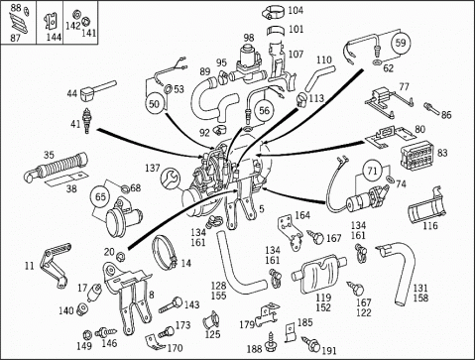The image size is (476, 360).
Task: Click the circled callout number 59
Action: (x=401, y=43)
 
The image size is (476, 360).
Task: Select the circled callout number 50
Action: (x=154, y=104)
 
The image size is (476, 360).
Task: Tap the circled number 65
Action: (x=100, y=196)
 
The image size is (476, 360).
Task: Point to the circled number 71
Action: (x=372, y=171)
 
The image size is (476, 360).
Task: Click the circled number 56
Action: (x=264, y=110)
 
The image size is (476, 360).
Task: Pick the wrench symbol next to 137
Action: (x=171, y=178)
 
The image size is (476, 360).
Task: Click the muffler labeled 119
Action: (x=318, y=275)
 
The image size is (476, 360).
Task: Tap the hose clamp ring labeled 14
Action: (x=165, y=252)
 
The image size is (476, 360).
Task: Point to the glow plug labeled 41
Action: (x=87, y=121)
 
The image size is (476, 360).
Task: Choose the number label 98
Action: (x=249, y=38)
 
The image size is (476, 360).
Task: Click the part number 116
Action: (x=430, y=226)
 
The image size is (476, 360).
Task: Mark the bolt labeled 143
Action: (x=171, y=305)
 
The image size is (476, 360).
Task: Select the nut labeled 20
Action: (x=121, y=256)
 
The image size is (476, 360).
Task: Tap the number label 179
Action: (x=248, y=324)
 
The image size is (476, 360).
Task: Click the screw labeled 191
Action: (x=310, y=344)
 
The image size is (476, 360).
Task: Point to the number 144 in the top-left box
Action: (x=54, y=37)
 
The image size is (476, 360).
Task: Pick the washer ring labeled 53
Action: (x=168, y=89)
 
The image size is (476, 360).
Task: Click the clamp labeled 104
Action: (x=273, y=12)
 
